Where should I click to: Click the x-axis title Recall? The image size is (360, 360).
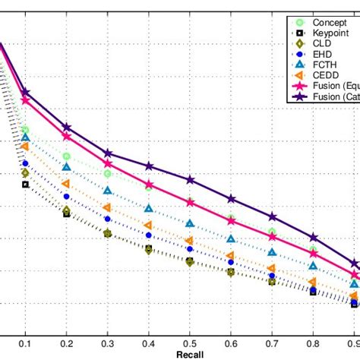(x=190, y=355)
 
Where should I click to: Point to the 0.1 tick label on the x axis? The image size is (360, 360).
(x=25, y=344)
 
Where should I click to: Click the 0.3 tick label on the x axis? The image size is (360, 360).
(x=107, y=344)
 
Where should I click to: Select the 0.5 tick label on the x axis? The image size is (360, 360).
(x=190, y=344)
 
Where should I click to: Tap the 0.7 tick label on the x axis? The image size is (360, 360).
(x=272, y=344)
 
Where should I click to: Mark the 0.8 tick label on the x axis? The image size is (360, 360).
(x=313, y=344)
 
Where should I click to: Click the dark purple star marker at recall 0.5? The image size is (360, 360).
(x=190, y=180)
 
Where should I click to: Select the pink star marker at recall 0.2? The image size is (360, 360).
(x=67, y=137)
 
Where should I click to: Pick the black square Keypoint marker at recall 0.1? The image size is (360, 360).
(x=25, y=185)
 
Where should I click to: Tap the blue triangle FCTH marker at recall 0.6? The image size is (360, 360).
(x=231, y=238)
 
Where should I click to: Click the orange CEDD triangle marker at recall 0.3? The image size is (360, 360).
(x=107, y=207)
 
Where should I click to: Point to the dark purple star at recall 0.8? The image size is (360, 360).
(x=313, y=238)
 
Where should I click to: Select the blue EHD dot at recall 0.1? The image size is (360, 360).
(x=25, y=163)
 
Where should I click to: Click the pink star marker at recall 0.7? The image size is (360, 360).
(x=272, y=237)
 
